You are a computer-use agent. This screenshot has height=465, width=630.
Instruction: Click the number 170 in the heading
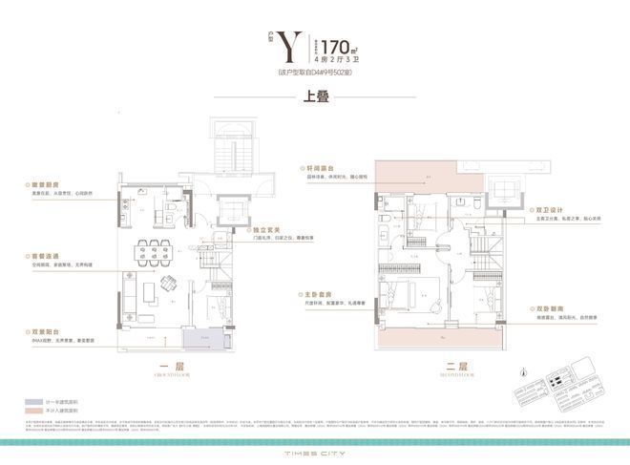click(x=334, y=44)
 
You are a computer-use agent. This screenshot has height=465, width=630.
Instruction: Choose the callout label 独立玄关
click(x=266, y=229)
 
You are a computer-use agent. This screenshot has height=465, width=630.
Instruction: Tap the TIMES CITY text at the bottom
click(x=314, y=447)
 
